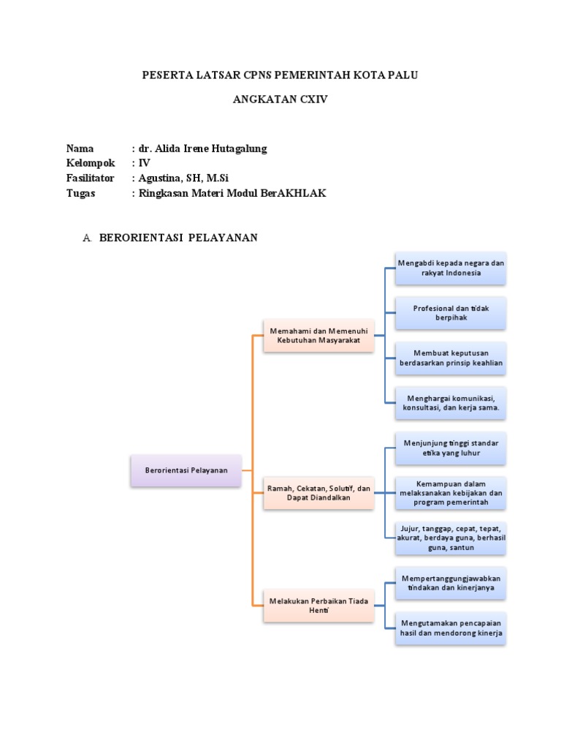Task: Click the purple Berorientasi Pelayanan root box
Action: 186,470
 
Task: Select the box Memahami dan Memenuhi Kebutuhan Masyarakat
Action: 318,336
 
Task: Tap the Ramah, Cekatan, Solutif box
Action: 318,493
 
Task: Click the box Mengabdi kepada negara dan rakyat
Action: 451,268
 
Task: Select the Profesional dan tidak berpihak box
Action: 451,313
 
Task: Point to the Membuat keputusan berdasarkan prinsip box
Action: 451,358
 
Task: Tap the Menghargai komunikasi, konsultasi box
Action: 451,403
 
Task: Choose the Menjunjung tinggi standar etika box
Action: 451,448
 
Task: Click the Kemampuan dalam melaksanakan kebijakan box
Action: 451,493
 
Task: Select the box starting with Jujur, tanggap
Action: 451,538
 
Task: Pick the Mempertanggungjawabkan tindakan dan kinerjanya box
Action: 451,583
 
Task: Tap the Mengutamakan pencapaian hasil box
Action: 451,628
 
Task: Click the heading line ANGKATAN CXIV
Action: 280,99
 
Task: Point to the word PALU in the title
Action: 403,75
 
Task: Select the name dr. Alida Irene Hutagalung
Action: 202,148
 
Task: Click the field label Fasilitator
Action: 91,178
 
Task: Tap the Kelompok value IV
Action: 143,163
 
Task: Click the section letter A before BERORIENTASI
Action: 87,238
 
